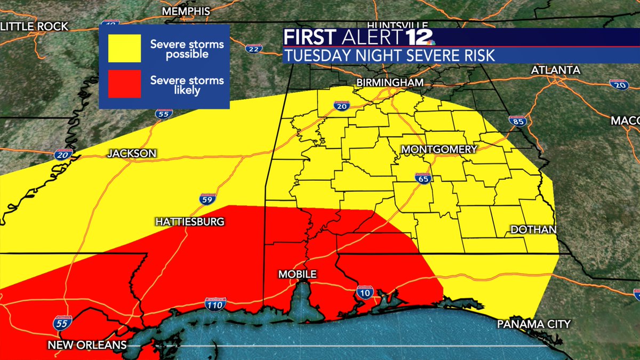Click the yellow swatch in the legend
[x=125, y=49]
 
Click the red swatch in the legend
[x=125, y=84]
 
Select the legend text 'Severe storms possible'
[x=179, y=49]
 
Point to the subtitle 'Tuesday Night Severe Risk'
[x=390, y=55]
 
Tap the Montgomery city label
[x=438, y=149]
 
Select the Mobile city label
[x=297, y=274]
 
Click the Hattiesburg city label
[x=190, y=221]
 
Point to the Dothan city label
[x=533, y=229]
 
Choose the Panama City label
[x=534, y=324]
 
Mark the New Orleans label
[x=87, y=345]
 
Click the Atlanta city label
[x=555, y=70]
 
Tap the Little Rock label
[x=34, y=26]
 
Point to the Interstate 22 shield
[x=254, y=49]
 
